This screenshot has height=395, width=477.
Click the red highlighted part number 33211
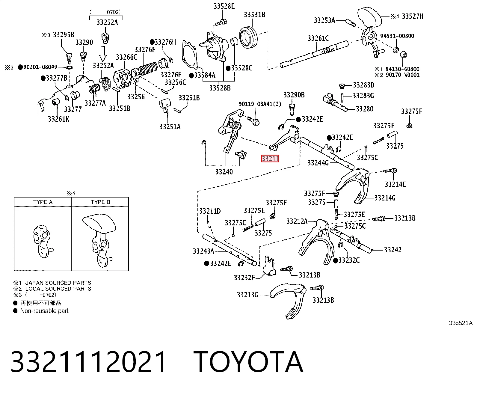[270, 159]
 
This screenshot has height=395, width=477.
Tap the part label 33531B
[254, 15]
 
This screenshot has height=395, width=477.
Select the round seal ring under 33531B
[248, 38]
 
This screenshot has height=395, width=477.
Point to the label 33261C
[318, 38]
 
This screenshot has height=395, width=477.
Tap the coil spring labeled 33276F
[148, 68]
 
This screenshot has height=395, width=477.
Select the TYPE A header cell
[43, 202]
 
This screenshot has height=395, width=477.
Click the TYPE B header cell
[100, 202]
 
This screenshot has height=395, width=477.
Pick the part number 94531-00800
[397, 36]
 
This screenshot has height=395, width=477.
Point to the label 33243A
[203, 251]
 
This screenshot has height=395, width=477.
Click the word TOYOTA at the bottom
[248, 362]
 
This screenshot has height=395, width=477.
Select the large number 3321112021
[89, 362]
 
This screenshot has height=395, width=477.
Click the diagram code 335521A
[461, 323]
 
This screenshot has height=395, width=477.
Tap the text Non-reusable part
[44, 311]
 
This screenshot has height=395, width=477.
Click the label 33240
[224, 172]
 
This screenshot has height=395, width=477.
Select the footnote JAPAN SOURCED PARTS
[58, 283]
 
